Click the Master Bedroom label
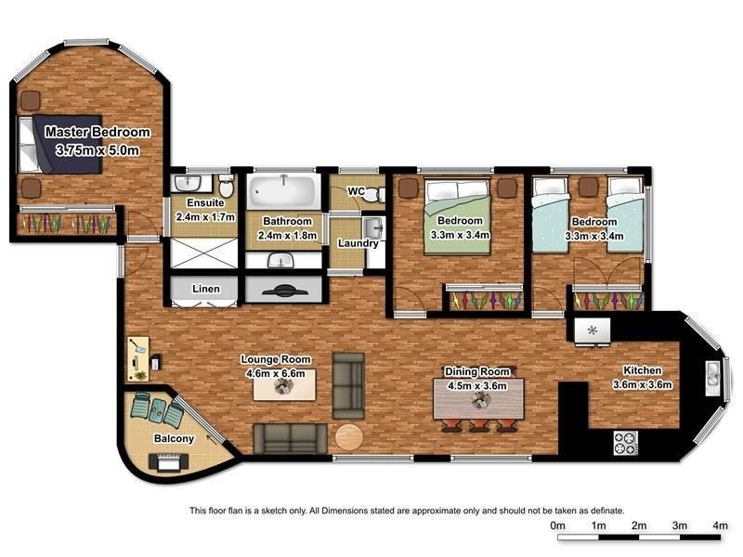click(98, 132)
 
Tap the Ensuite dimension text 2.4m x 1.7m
click(205, 217)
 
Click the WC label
click(355, 191)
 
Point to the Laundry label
click(358, 244)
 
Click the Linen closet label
click(205, 289)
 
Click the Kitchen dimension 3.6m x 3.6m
click(642, 384)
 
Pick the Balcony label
click(173, 438)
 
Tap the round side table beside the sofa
click(349, 437)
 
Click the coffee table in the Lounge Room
click(285, 385)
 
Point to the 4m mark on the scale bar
click(720, 525)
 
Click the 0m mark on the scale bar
click(558, 525)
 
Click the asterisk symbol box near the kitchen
click(592, 329)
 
